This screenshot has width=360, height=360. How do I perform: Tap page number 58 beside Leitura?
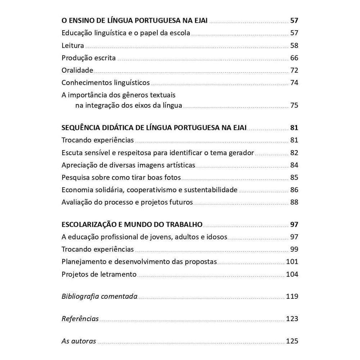click(294, 46)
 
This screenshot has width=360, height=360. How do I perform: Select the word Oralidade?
click(77, 70)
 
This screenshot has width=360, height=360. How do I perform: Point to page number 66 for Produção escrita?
click(294, 58)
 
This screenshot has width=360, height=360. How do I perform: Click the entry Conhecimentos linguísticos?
click(105, 82)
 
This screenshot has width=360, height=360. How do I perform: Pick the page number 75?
click(294, 105)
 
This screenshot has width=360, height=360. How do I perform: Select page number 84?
click(294, 165)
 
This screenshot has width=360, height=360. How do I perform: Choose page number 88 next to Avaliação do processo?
click(294, 202)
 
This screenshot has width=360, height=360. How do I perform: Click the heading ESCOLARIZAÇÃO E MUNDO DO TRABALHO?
click(132, 225)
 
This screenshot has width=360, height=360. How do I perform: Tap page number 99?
click(294, 249)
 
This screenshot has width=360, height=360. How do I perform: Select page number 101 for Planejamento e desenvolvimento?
click(292, 262)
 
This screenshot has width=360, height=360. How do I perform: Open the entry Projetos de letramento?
click(99, 274)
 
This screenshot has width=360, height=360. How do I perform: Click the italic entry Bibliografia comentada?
click(99, 297)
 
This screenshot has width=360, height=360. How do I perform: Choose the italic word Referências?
click(80, 319)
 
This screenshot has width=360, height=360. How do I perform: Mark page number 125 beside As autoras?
click(292, 341)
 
